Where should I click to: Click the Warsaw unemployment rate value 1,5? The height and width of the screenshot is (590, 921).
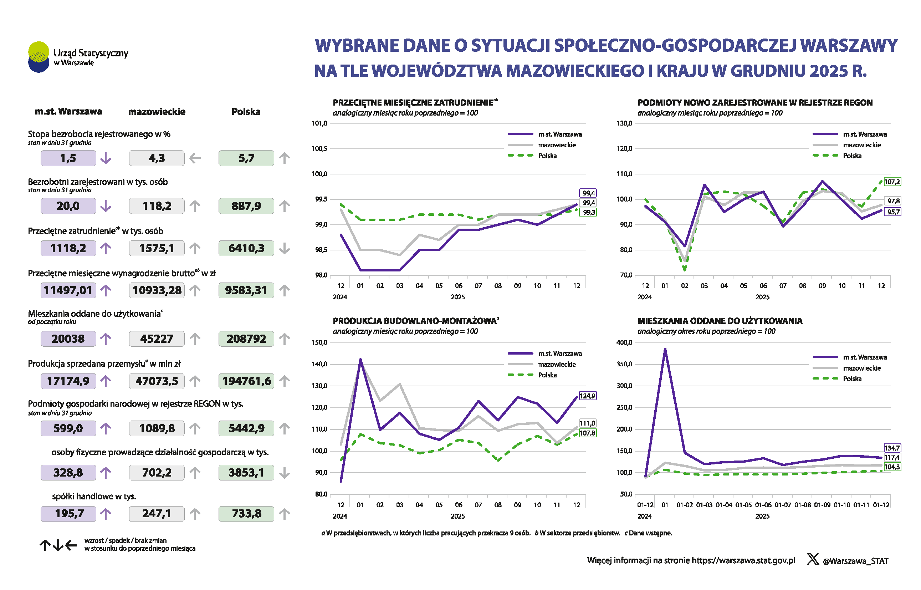coord(68,158)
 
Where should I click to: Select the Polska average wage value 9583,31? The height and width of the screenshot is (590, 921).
coord(246,290)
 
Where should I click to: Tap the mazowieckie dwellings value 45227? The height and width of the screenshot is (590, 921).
coord(157,339)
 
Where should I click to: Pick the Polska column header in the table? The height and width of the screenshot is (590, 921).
coord(246,112)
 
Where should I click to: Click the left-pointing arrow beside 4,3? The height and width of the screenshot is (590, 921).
coord(195,158)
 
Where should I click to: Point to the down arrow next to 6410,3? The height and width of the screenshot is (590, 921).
coord(284,249)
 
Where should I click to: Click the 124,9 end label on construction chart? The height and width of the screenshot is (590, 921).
coord(588,396)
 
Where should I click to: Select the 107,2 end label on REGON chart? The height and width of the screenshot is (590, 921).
coord(892,182)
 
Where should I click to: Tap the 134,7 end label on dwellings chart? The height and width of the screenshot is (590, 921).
coord(892,448)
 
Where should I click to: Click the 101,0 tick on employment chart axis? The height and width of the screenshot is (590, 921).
coord(320,123)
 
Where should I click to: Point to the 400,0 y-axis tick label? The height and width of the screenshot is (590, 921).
coord(624,342)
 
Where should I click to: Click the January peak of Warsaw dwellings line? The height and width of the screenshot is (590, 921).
coord(665,349)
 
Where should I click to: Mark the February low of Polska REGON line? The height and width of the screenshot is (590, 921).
coord(684,269)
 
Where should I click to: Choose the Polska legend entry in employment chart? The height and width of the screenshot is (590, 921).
coord(547,156)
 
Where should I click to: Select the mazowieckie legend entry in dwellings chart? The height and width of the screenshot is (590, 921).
coord(862,368)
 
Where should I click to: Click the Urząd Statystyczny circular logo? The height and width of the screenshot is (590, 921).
coord(39,57)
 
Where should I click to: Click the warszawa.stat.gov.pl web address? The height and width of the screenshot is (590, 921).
coord(743,560)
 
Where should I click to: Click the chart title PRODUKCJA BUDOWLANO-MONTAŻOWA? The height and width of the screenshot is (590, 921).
coord(414,321)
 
